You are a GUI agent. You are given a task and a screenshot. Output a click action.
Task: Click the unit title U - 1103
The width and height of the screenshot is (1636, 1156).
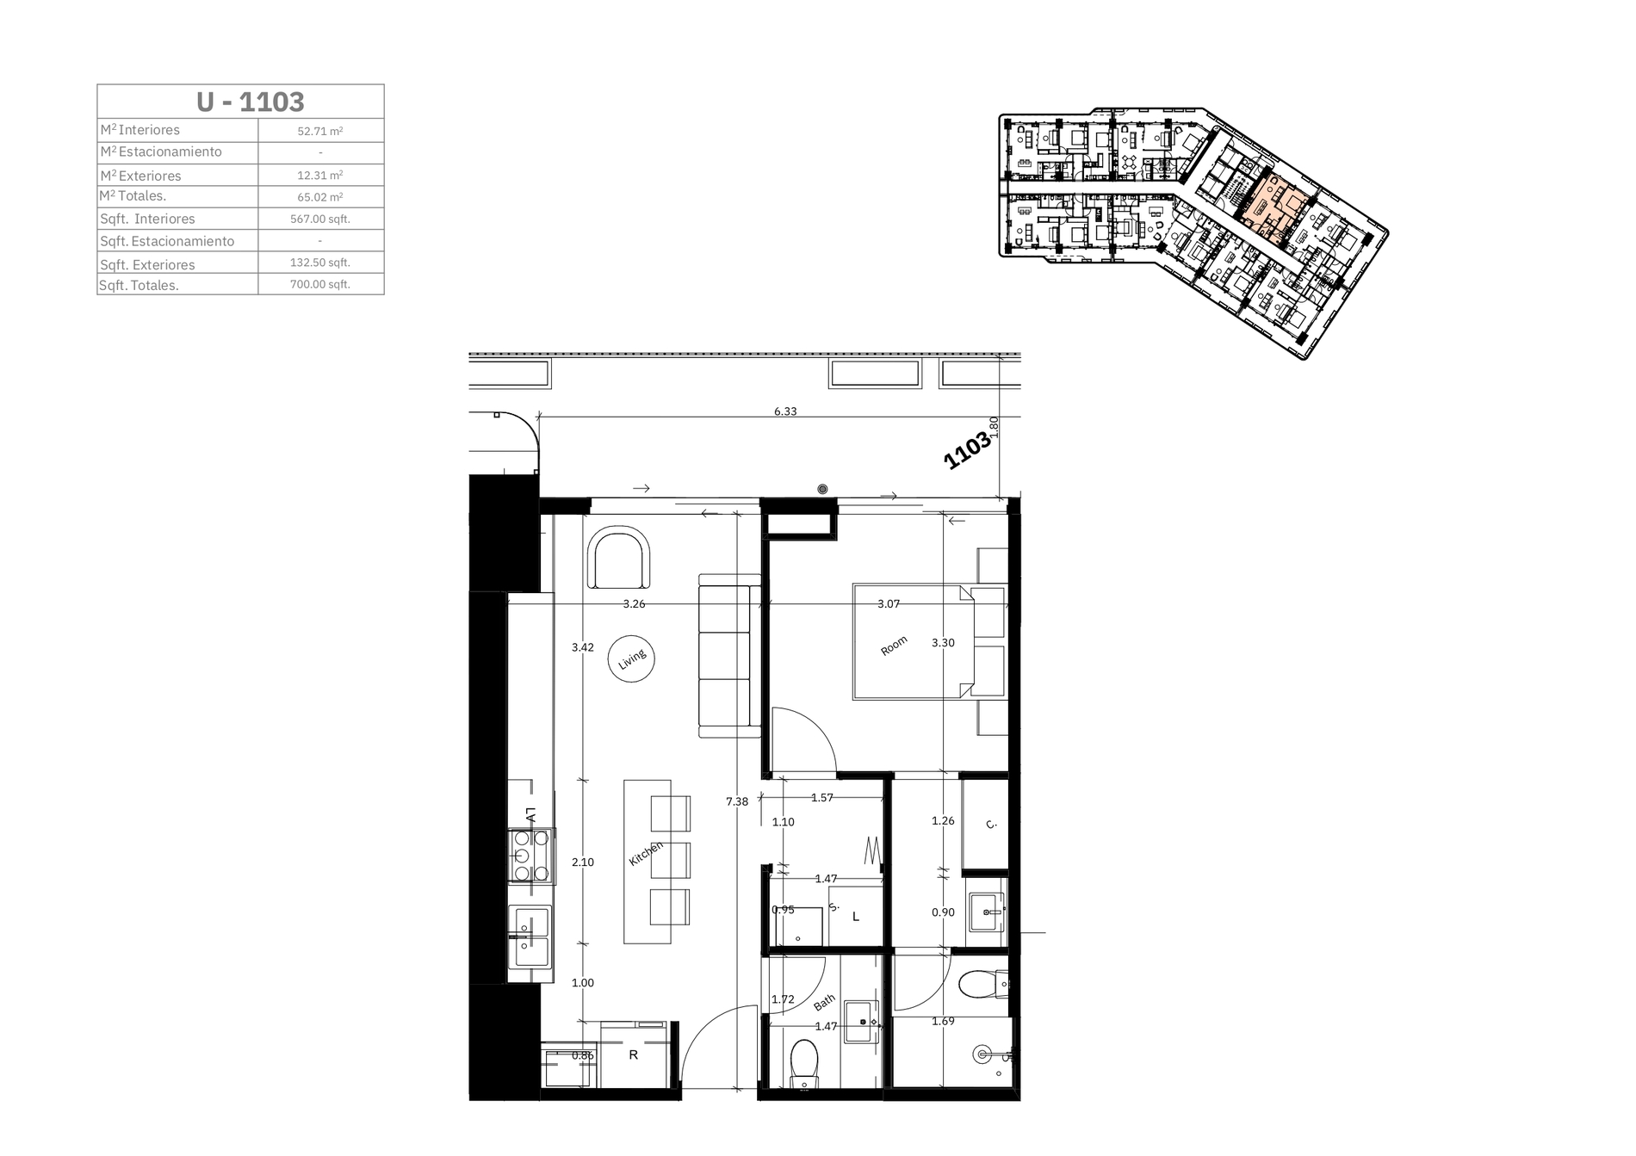pos(250,102)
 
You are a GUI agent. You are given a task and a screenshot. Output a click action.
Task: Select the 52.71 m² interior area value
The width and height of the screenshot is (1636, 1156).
pos(320,132)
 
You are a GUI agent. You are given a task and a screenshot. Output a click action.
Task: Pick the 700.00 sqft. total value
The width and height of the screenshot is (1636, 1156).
pos(320,284)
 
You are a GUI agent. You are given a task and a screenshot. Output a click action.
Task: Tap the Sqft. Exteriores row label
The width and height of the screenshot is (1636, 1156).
pos(147,264)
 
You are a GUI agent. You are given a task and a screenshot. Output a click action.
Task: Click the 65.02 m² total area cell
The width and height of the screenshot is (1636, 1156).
pos(320,196)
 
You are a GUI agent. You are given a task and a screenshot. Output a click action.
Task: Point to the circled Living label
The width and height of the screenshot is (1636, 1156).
pos(632,659)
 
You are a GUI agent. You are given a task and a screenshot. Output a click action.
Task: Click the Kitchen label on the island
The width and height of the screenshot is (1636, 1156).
pos(646,853)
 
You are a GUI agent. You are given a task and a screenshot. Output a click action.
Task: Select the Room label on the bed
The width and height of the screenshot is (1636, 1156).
pos(894,646)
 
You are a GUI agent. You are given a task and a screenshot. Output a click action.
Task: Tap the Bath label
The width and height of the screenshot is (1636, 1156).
pos(824,1002)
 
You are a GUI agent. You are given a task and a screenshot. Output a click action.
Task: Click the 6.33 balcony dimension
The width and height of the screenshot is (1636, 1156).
pos(785,411)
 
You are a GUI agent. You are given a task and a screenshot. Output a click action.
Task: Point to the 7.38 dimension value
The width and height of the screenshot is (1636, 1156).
pos(737,801)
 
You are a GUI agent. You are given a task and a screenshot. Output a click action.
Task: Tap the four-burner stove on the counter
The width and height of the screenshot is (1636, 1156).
pos(530,856)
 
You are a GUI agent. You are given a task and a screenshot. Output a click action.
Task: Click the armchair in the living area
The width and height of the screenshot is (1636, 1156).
pos(619,559)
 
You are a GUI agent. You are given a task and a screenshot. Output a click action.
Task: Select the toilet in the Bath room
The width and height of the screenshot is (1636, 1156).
pos(804,1065)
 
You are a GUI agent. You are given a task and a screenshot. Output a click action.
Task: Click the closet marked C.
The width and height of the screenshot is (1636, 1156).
pos(985,824)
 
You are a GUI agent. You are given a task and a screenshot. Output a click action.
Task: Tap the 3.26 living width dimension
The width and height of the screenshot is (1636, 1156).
pos(634,604)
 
